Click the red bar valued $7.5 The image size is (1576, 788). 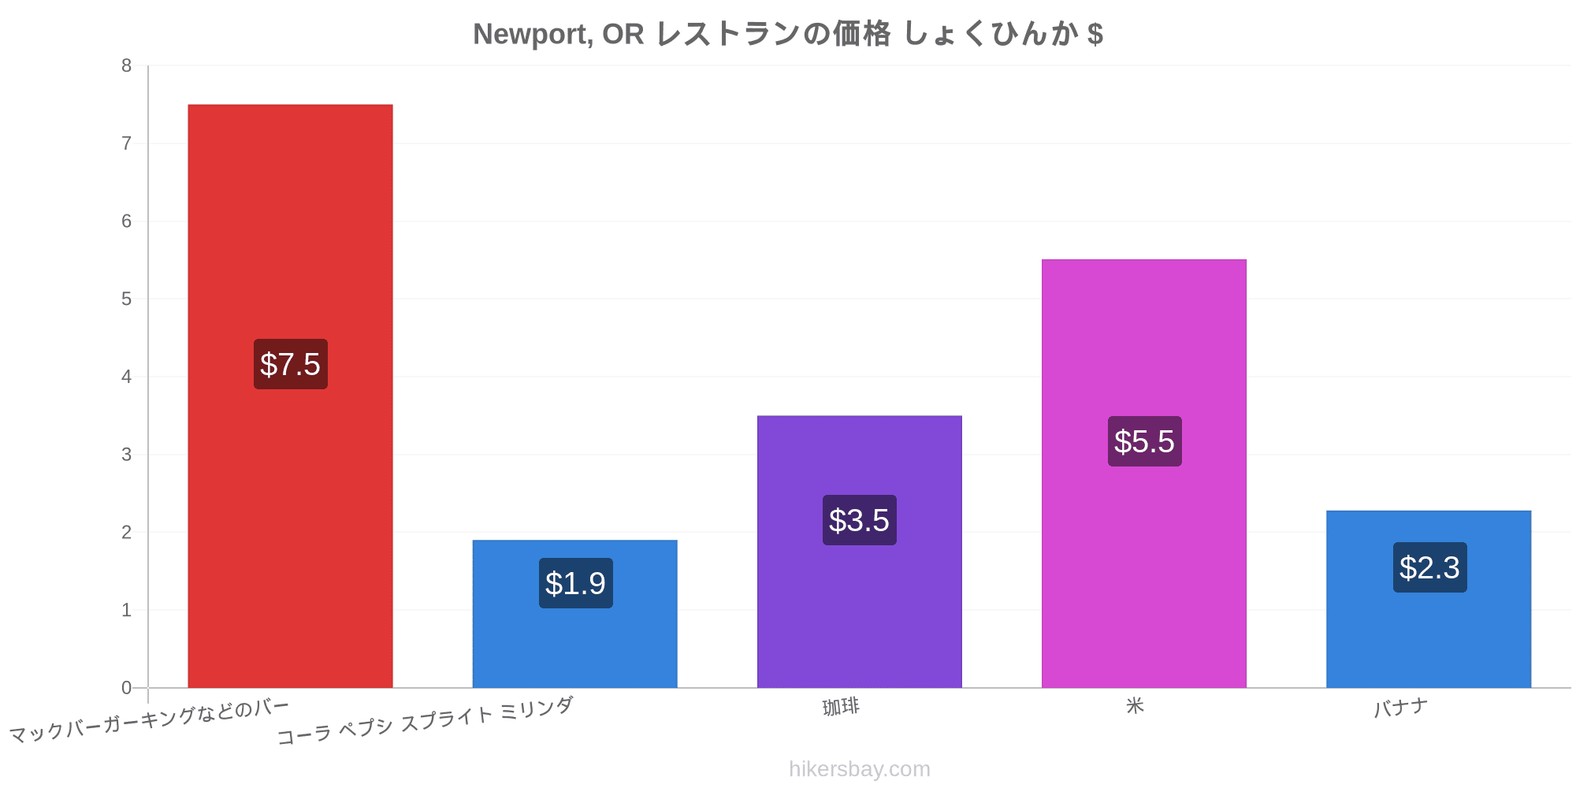290,396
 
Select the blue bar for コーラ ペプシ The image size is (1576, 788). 574,614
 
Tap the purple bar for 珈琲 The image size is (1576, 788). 860,552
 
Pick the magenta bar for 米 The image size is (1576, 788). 1144,474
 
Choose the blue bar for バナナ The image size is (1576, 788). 1429,599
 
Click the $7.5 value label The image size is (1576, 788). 290,364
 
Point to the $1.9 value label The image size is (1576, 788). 575,583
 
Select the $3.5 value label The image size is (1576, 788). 860,520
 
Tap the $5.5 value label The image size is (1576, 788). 1144,441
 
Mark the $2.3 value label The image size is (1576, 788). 1429,567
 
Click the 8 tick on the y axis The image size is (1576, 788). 126,65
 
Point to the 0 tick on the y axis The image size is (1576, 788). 126,688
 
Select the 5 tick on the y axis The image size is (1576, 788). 126,299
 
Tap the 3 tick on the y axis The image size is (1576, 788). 126,455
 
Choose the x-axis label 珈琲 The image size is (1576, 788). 841,707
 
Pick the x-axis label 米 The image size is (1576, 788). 1135,705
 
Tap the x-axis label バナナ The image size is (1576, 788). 1400,708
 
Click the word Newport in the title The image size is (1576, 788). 533,35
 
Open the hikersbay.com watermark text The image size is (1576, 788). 860,769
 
